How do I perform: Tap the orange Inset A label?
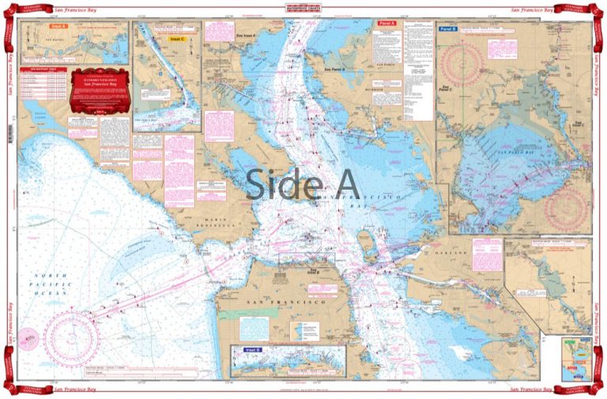59,27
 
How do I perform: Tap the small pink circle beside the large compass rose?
29,337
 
